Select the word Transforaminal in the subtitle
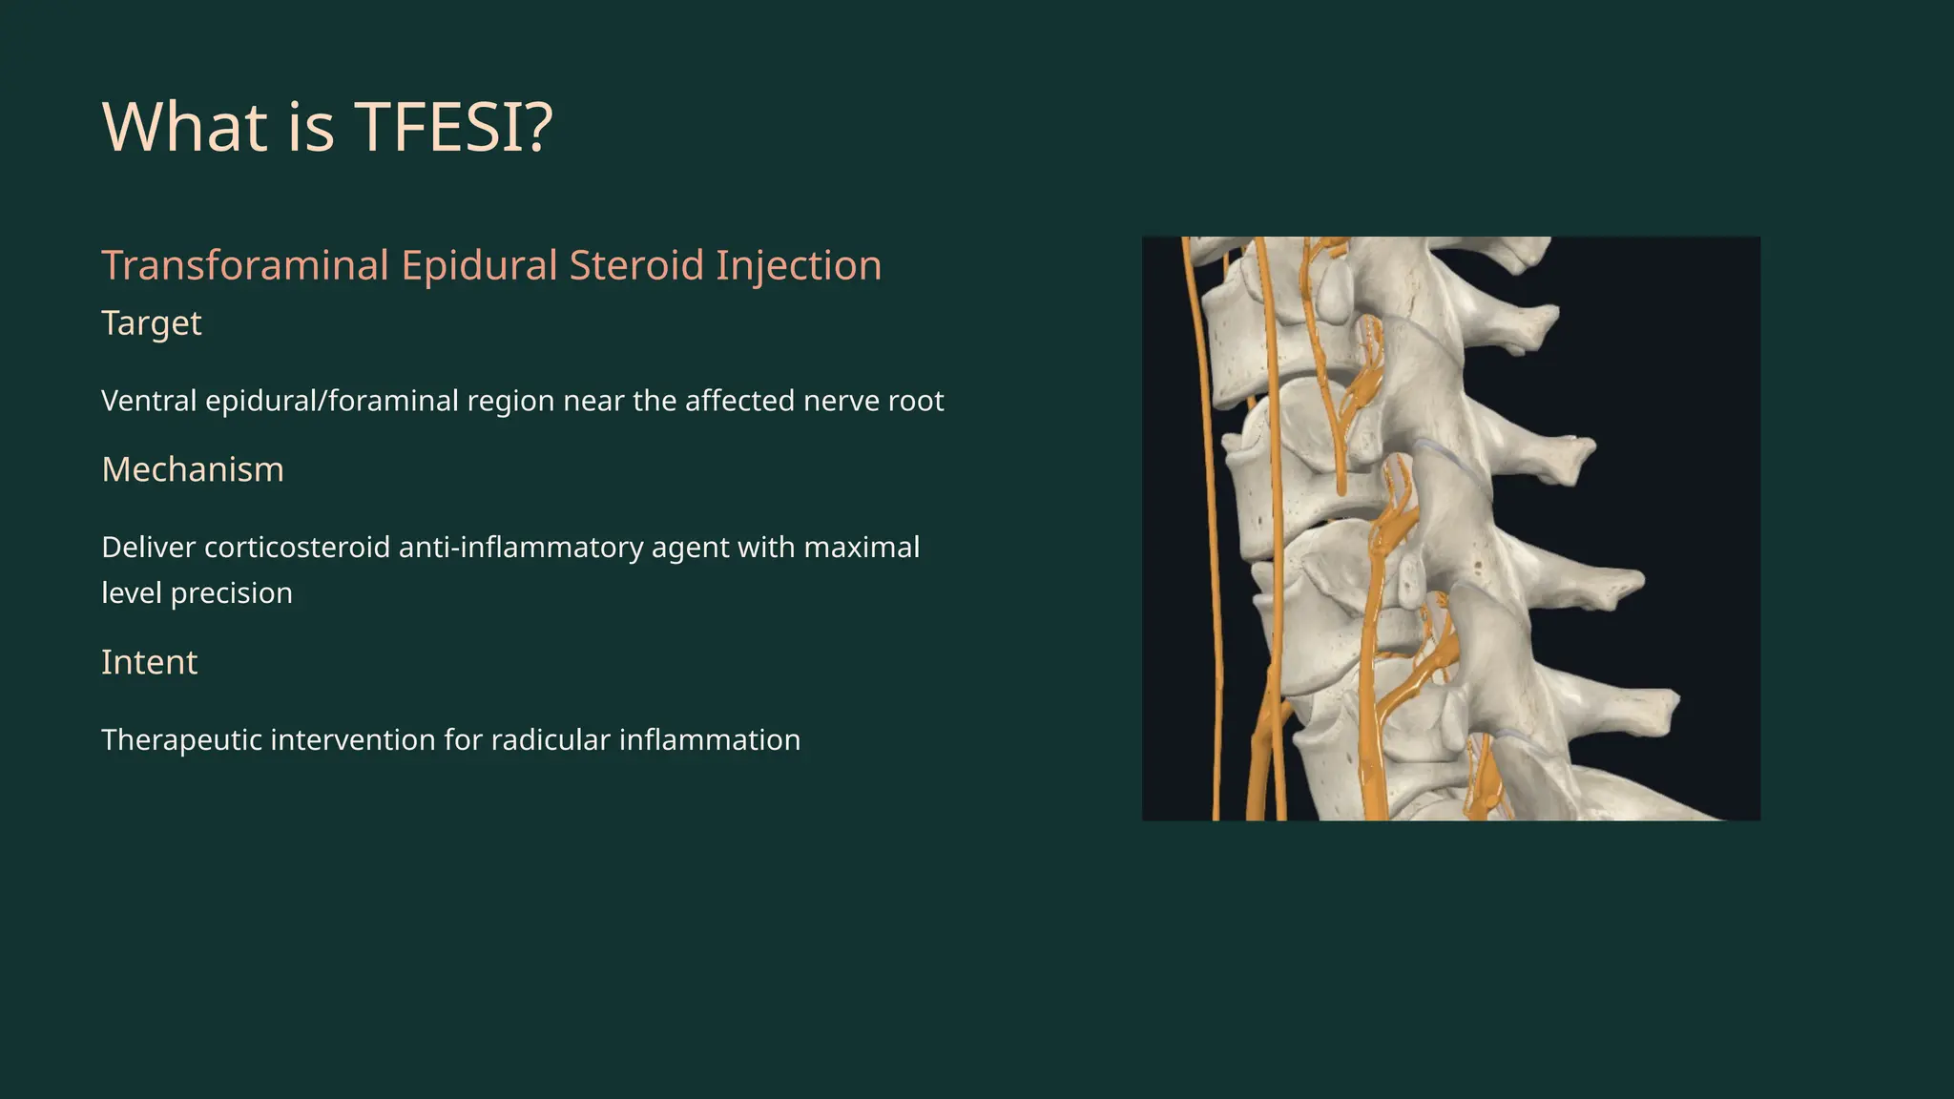tap(245, 265)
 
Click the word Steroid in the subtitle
tap(636, 265)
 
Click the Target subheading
tap(151, 323)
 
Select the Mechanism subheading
tap(192, 469)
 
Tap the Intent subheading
tap(149, 662)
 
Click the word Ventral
tap(149, 401)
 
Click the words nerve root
tap(873, 401)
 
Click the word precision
tap(231, 593)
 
